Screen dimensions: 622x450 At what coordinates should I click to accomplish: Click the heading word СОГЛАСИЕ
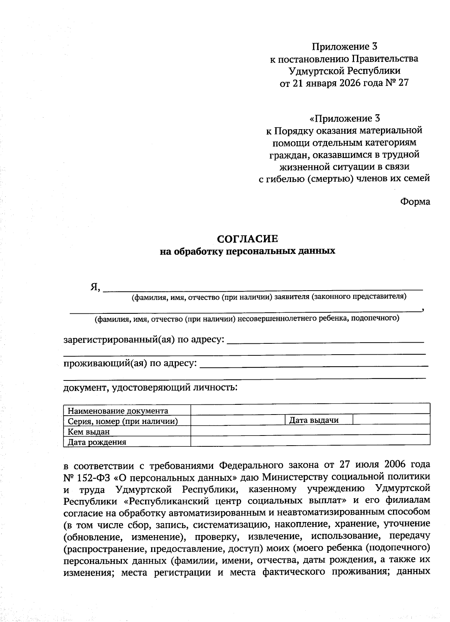click(248, 239)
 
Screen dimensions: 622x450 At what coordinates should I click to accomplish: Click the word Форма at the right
click(415, 202)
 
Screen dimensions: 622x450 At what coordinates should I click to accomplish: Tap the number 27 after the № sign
click(403, 83)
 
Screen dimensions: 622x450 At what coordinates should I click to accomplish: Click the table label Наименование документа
click(118, 411)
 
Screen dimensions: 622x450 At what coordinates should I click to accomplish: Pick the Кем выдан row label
click(88, 432)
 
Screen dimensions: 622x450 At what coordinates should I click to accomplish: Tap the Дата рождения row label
click(97, 442)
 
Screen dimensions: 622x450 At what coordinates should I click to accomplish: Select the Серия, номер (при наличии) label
click(123, 421)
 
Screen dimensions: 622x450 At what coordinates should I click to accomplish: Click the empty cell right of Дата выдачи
click(391, 419)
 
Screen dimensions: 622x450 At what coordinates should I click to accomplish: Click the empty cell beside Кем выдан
click(310, 430)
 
